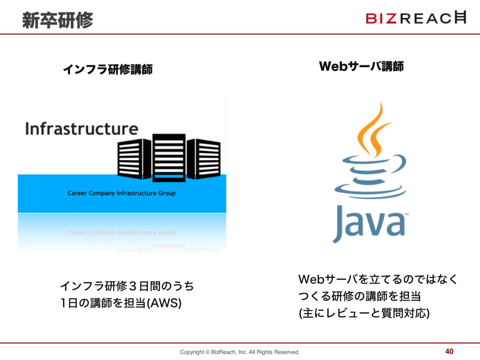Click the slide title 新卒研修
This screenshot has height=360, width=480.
coord(58,20)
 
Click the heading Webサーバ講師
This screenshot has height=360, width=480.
coord(361,67)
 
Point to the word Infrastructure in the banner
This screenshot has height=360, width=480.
coord(82,128)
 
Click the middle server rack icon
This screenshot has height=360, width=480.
coord(169,157)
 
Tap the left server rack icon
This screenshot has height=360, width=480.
coord(134,158)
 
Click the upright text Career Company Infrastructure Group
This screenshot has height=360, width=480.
coord(121,193)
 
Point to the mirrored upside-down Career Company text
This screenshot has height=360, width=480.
coord(121,233)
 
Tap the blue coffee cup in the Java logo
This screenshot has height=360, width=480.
coord(370,178)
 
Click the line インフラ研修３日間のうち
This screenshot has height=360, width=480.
coord(127,285)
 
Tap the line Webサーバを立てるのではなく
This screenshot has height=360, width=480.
coord(378,280)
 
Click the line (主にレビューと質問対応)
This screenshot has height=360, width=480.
coord(364,313)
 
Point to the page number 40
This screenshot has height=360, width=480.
coord(450,352)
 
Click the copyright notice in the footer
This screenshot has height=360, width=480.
coord(240,352)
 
